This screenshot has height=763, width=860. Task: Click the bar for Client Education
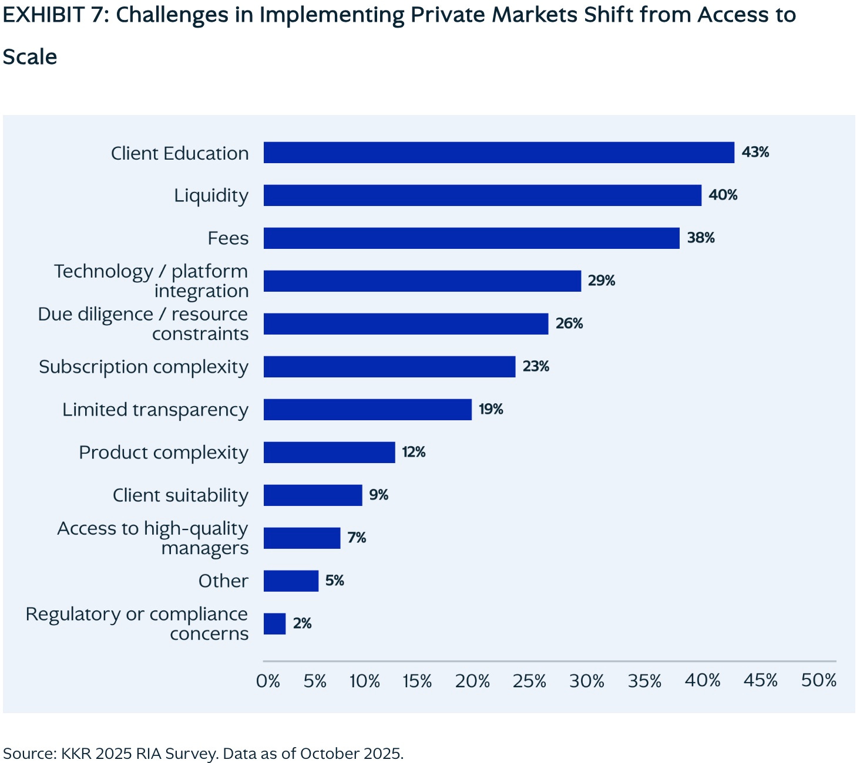499,152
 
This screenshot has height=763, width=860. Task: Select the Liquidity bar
482,195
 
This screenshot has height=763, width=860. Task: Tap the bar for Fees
472,238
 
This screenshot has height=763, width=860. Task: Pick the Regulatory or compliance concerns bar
275,623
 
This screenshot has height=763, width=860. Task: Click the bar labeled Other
291,580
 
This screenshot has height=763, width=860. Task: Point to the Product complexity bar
330,452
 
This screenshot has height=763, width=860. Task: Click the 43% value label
755,152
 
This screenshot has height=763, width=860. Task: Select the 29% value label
602,281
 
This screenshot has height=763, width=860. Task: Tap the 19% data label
491,409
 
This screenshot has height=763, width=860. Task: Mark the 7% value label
357,538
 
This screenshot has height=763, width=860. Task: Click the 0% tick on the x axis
268,681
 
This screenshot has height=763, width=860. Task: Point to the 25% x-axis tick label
529,681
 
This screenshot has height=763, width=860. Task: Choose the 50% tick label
819,680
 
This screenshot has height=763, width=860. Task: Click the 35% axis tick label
644,681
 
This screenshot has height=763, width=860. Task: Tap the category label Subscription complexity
143,367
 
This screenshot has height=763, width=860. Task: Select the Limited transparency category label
155,410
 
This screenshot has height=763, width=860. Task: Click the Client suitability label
180,495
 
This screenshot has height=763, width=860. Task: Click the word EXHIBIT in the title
43,15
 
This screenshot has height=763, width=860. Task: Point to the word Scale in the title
30,57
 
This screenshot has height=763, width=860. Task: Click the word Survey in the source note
192,753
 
